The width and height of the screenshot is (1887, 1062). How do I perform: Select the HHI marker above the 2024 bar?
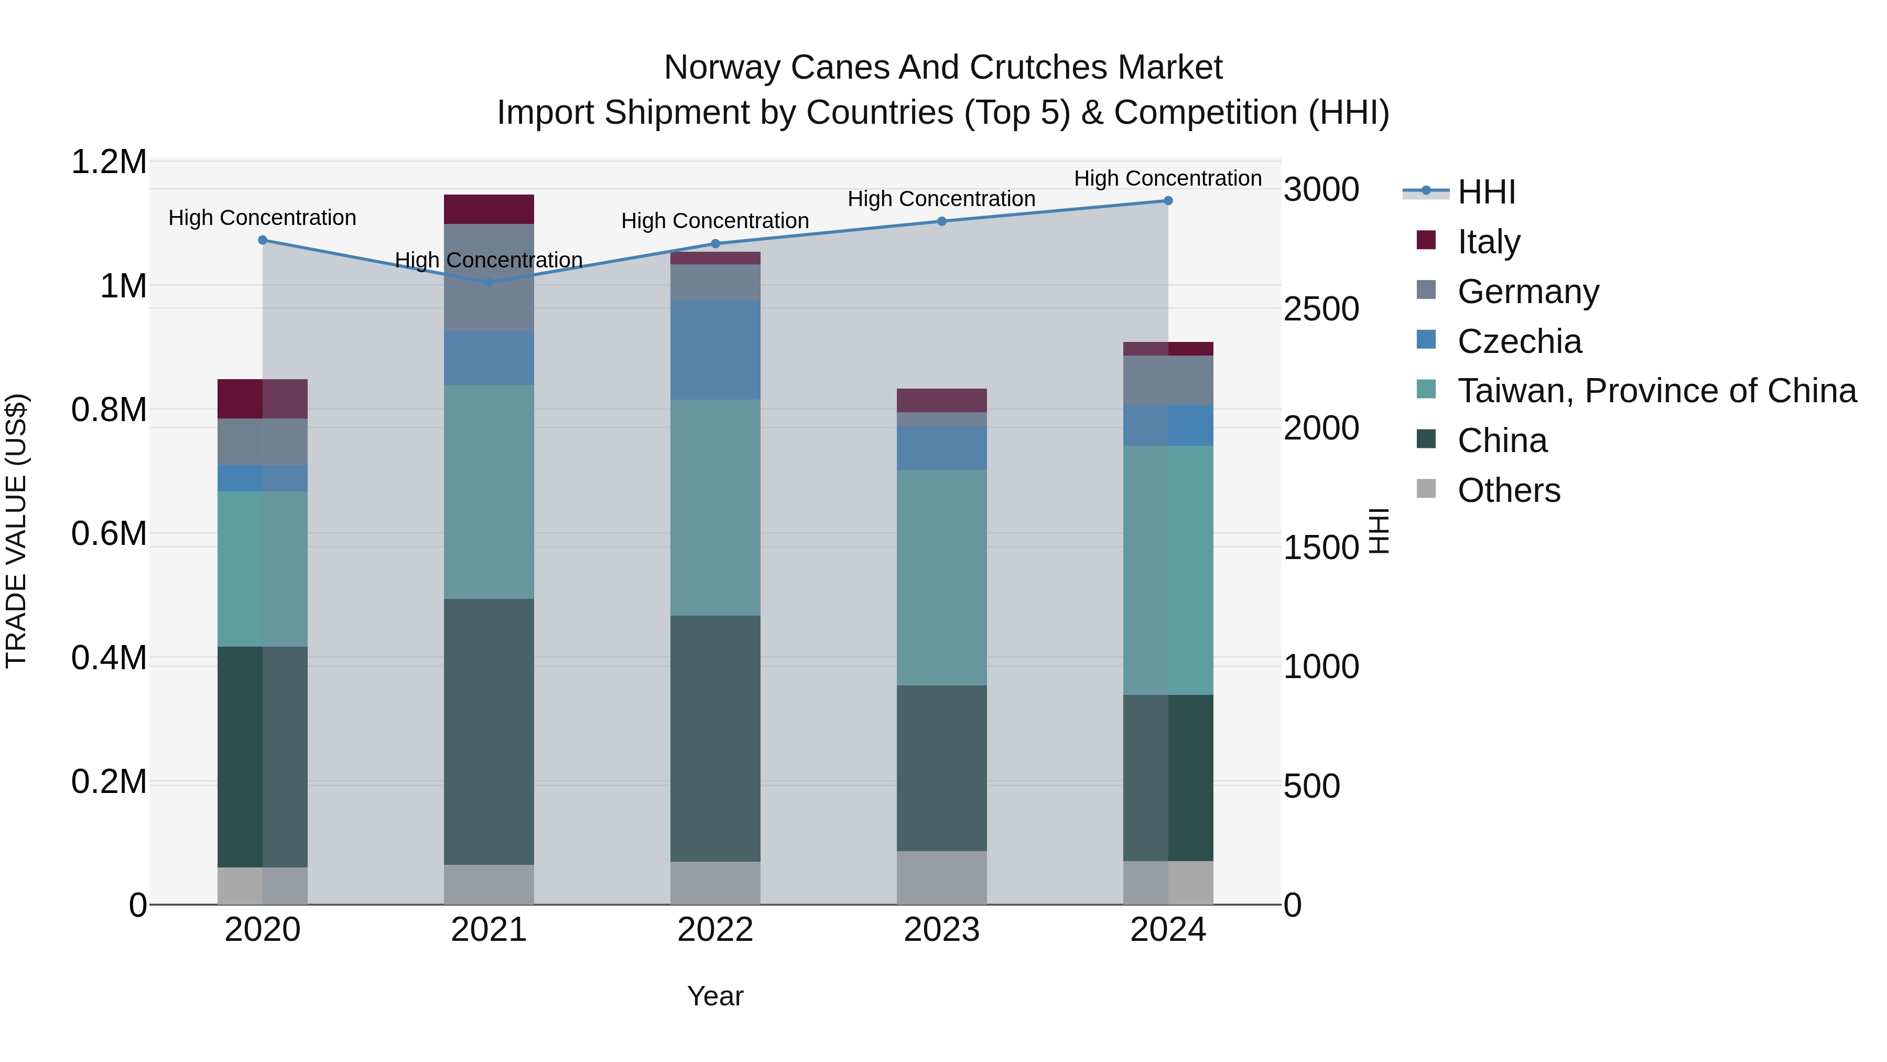pos(1168,201)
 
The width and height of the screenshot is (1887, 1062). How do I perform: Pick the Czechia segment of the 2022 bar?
pos(715,350)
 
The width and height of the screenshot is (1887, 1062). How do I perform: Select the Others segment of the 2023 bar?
pos(941,877)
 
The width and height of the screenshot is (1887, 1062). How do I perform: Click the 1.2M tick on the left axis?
pos(109,162)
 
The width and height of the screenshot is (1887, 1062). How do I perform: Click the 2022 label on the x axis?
pos(715,930)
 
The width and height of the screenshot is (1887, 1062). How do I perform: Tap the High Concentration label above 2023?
pos(941,199)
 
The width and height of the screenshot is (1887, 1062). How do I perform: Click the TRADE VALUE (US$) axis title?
pos(16,531)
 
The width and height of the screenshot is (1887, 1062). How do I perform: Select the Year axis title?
pos(715,996)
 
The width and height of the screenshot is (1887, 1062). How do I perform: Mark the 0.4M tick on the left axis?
pos(109,658)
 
